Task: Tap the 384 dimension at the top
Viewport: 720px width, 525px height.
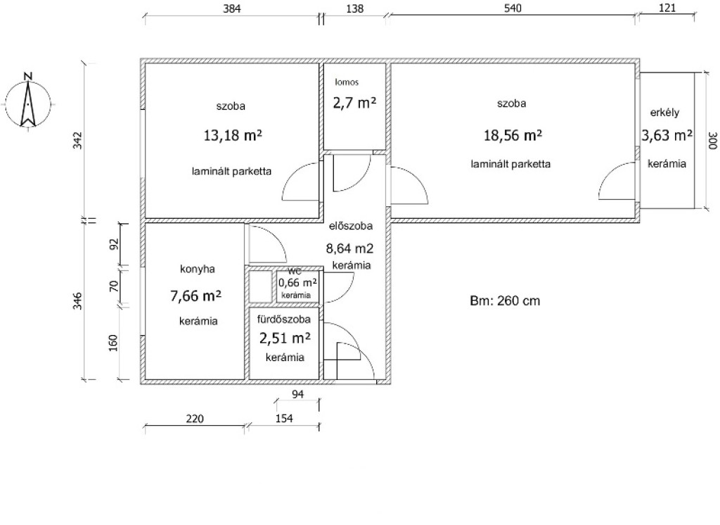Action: [x=232, y=8]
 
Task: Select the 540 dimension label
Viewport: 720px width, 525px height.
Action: [x=513, y=8]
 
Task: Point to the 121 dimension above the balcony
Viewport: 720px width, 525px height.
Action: [x=667, y=8]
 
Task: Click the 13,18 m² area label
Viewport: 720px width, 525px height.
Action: [x=233, y=135]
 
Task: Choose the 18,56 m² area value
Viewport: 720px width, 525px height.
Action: [x=513, y=135]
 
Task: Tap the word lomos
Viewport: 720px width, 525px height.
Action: [x=347, y=82]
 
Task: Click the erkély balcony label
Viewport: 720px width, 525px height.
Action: [x=664, y=112]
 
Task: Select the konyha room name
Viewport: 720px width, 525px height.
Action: [x=198, y=269]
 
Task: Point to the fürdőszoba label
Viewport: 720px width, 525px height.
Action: [x=284, y=319]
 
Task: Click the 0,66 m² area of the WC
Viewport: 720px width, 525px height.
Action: [x=297, y=283]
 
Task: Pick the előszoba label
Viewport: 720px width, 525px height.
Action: [x=351, y=226]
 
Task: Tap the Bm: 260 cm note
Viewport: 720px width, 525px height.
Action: [x=505, y=301]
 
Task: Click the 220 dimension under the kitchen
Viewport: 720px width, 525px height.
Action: [x=195, y=419]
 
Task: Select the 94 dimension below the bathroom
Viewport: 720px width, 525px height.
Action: [x=297, y=394]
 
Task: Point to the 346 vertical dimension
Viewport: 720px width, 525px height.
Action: [x=77, y=301]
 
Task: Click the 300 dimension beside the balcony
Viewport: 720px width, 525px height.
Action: [x=712, y=141]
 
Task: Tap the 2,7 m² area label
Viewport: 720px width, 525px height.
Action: [x=354, y=103]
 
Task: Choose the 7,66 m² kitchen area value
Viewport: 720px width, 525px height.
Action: [x=196, y=296]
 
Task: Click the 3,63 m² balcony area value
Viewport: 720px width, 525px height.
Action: [x=667, y=135]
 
